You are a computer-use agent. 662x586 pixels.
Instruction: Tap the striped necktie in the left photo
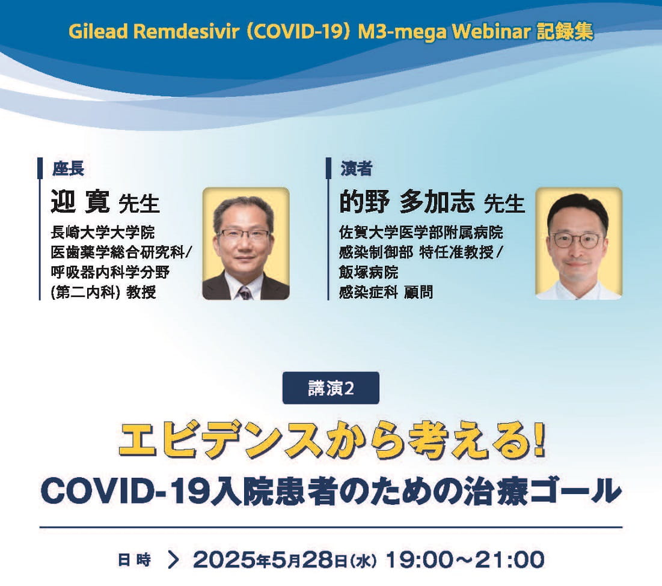[245, 292]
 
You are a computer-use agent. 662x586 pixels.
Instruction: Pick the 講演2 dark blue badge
[331, 388]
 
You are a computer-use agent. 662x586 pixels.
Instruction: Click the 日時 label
[133, 560]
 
